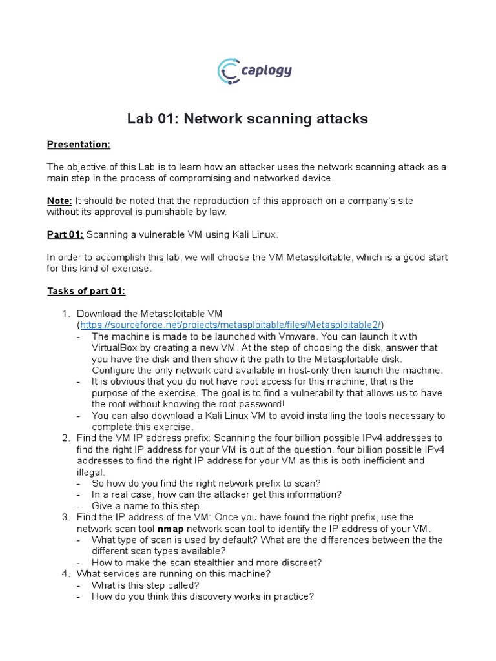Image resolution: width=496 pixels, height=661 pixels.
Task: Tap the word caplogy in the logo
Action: [x=265, y=70]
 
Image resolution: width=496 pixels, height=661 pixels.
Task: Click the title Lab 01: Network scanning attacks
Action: [x=247, y=119]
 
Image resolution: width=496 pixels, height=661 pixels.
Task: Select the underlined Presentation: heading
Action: [x=78, y=144]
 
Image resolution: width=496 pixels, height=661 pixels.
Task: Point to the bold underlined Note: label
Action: [x=60, y=201]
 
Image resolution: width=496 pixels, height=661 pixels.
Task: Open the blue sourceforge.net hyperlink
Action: [x=231, y=325]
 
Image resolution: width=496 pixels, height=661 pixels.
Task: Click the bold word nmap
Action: [x=170, y=529]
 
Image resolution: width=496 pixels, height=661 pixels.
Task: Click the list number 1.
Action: [x=65, y=314]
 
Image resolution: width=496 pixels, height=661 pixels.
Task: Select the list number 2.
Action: [x=65, y=438]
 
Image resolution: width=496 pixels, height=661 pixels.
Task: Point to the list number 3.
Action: [x=65, y=518]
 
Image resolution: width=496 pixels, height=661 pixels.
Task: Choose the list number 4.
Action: [x=65, y=573]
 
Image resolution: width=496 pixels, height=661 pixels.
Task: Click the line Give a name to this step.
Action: [x=147, y=506]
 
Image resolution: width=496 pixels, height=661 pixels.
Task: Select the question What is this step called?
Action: [x=145, y=585]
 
